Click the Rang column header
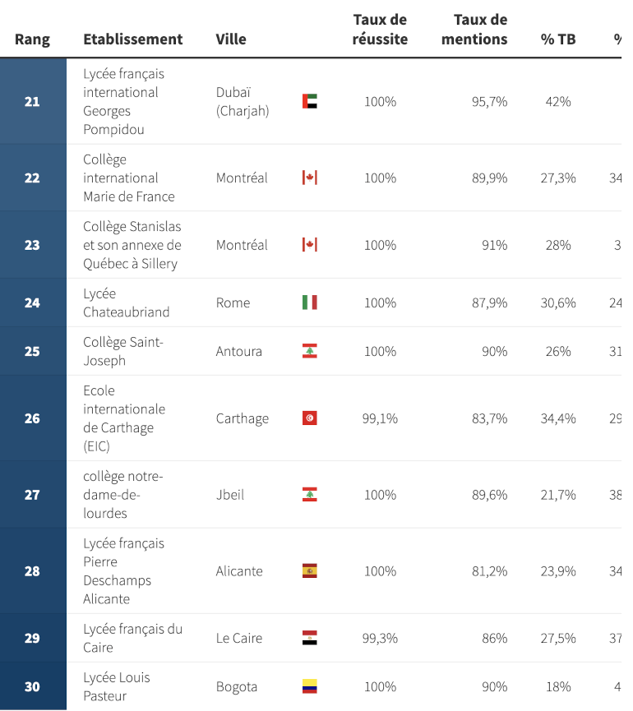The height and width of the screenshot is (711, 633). [32, 39]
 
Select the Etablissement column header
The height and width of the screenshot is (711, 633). [132, 39]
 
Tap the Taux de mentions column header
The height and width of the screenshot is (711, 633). [480, 30]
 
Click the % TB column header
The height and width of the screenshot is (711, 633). [557, 39]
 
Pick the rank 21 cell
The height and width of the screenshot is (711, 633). [32, 102]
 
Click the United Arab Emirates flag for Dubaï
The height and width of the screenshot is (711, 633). [309, 102]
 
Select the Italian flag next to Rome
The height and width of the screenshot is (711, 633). [309, 302]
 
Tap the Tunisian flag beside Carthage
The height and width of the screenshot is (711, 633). [309, 418]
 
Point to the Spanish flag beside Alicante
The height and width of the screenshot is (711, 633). [309, 571]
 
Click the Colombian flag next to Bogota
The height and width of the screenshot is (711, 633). [309, 686]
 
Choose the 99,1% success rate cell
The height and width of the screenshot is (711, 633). [380, 418]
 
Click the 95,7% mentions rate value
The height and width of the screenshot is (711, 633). [489, 102]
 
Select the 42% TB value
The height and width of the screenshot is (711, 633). [557, 102]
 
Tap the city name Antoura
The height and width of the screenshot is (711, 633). [238, 351]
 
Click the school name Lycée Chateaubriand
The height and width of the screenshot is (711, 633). [126, 302]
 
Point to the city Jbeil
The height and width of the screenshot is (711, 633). [229, 495]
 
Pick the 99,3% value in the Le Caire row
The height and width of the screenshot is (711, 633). [380, 638]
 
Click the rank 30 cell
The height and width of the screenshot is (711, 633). [32, 686]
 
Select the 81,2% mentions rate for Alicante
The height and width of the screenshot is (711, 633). [489, 571]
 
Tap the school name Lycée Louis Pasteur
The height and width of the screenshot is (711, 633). [117, 686]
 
